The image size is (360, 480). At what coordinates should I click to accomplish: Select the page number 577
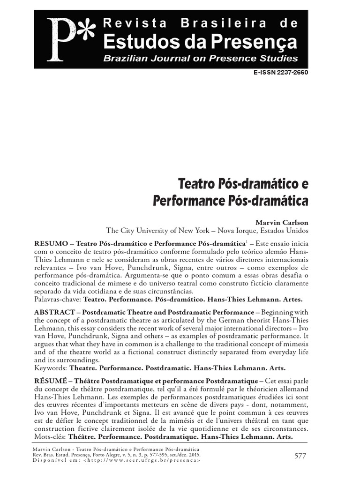point(301,455)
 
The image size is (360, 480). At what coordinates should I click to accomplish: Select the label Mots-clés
point(50,436)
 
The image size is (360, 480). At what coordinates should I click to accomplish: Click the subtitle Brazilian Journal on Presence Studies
point(200,59)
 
